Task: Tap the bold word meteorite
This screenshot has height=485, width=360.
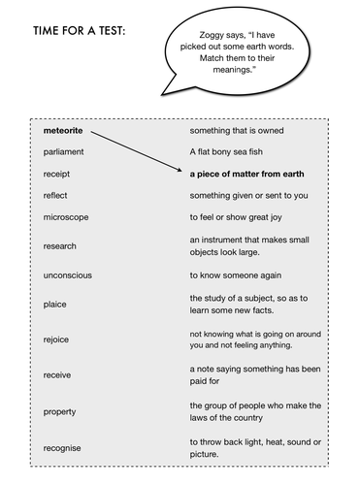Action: pos(64,129)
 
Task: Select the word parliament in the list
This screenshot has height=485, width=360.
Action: pos(64,151)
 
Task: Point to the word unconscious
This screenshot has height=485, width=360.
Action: pos(68,275)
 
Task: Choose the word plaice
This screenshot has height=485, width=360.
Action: pos(56,305)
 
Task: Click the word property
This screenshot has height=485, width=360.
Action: pos(60,410)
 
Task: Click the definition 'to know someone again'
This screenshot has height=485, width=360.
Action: pos(237,275)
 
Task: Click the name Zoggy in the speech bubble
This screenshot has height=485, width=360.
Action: pos(190,33)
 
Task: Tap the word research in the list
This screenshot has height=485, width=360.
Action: pos(60,246)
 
